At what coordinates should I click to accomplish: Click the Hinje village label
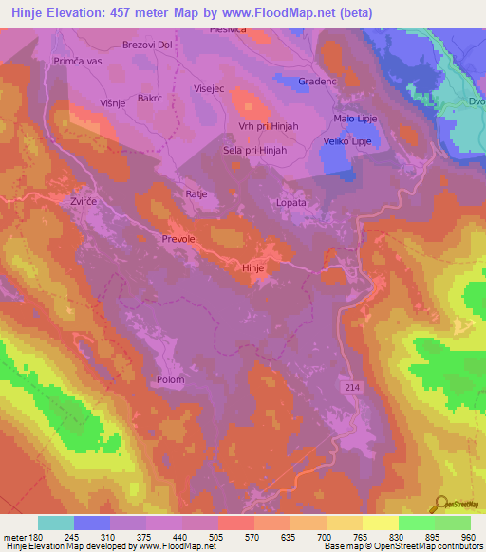pos(253,268)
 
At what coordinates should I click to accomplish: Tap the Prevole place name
pos(178,239)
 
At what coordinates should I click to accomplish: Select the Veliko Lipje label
pos(346,141)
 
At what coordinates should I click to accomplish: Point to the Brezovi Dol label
pos(147,45)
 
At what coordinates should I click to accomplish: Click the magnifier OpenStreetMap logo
pos(440,506)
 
